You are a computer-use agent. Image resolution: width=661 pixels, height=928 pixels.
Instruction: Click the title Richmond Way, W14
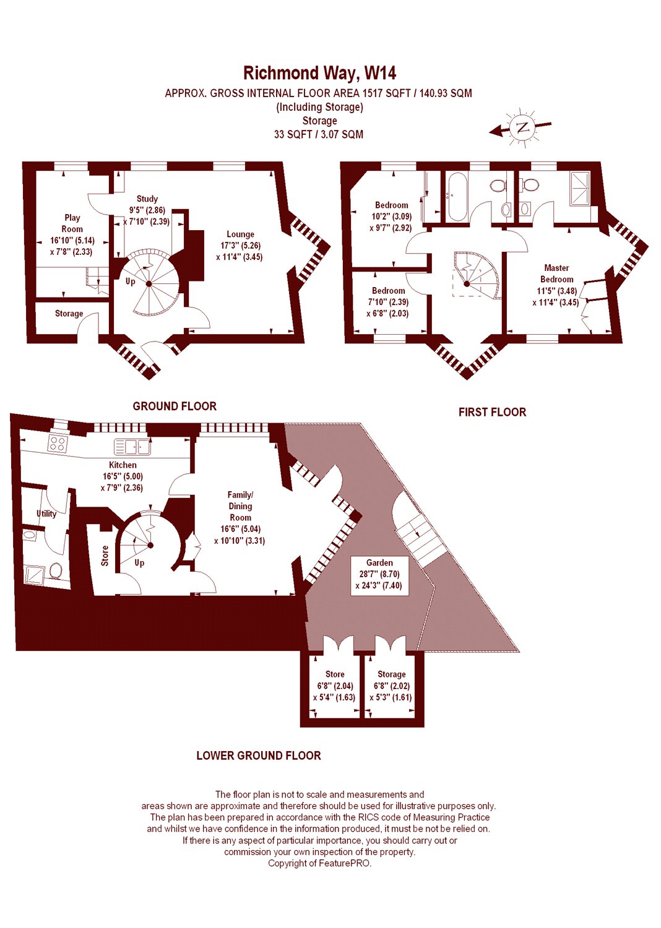[x=319, y=73]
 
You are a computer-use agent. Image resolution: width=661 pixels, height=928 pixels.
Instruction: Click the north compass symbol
[x=522, y=128]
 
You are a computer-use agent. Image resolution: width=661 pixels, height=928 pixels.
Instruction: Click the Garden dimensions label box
[x=379, y=574]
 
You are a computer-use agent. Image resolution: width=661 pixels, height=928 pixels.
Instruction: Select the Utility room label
[x=46, y=513]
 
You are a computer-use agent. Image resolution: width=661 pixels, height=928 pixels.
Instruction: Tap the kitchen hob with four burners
[x=58, y=443]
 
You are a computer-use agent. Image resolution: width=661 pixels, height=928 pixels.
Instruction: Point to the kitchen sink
[x=132, y=446]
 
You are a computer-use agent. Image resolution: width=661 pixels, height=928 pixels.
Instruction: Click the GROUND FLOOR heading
[x=175, y=406]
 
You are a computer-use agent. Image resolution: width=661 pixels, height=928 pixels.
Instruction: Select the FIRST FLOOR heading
[x=492, y=412]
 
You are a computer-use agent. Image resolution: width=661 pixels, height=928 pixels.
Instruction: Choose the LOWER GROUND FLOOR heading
[x=258, y=755]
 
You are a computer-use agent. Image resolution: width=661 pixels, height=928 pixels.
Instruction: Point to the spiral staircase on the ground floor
[x=149, y=283]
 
